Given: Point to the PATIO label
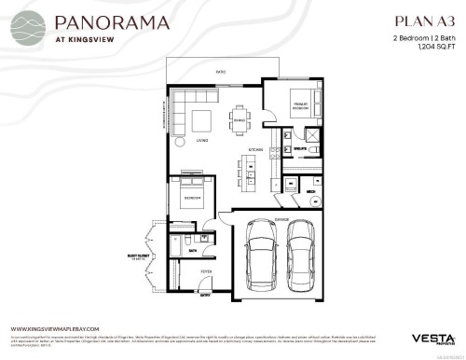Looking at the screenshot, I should coord(222,71).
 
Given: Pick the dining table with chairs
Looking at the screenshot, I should coord(240,119).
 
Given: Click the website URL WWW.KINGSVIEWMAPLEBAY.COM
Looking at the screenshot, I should coord(58,329).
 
